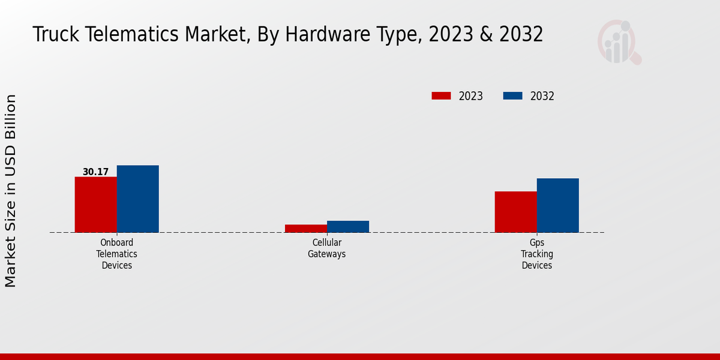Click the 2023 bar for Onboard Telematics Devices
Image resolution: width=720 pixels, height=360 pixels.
click(95, 205)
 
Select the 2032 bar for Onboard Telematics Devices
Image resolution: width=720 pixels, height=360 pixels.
click(137, 199)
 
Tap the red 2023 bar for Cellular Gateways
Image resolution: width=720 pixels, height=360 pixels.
click(306, 228)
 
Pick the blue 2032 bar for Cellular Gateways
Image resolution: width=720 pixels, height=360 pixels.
click(348, 226)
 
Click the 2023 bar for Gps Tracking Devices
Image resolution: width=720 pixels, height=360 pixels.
click(515, 212)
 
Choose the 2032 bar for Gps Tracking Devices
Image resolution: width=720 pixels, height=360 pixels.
click(557, 205)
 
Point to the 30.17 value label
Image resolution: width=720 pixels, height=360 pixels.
click(95, 172)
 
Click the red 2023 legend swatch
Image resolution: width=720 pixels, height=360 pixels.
click(441, 96)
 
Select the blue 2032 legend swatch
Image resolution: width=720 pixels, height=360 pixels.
click(512, 96)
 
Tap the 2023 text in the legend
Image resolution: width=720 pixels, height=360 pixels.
click(470, 96)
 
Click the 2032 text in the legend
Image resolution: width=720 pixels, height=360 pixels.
click(542, 96)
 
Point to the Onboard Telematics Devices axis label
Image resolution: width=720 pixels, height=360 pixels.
click(116, 254)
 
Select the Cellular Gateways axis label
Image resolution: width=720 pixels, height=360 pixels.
click(327, 248)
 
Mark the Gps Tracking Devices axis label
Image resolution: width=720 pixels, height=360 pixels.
click(536, 254)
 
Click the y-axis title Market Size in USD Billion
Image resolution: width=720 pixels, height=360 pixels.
click(11, 190)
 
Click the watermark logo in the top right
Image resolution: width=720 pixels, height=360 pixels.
click(619, 42)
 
